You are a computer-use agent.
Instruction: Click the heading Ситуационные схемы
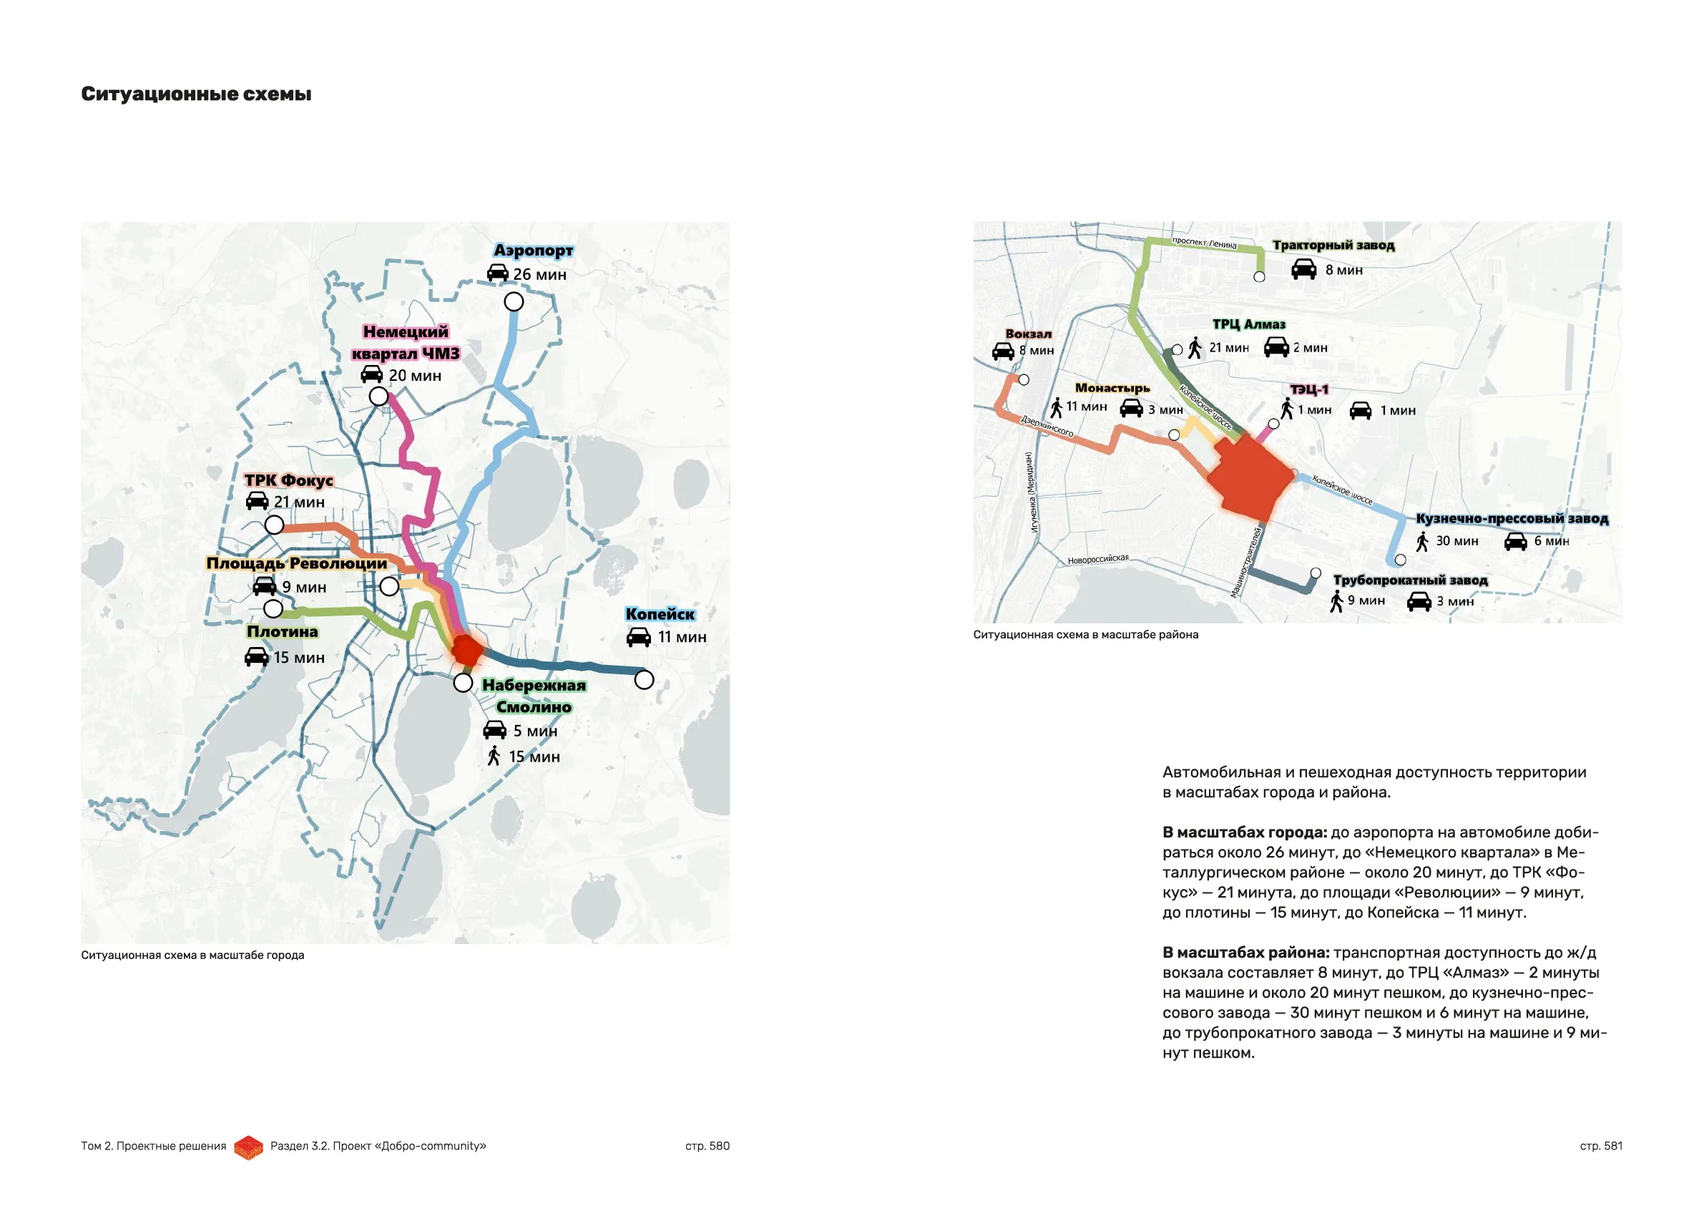196,94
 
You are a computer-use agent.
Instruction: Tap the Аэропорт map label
533,251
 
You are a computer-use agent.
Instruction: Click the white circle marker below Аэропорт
514,301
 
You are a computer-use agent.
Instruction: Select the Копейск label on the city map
660,614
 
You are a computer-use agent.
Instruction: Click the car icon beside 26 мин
498,274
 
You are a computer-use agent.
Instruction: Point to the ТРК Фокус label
289,480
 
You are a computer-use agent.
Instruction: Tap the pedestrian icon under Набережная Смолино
494,757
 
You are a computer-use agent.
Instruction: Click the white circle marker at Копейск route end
645,679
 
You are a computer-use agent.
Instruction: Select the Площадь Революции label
297,564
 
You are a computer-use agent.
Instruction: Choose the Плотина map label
282,632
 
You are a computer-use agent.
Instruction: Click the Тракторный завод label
1333,245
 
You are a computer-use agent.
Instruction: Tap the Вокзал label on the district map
1028,334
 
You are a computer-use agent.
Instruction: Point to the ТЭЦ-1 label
1309,389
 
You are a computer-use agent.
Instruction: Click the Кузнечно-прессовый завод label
1512,518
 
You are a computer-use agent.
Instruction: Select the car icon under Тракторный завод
1304,270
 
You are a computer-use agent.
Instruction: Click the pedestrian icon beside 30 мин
1422,541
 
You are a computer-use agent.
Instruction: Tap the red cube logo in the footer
249,1147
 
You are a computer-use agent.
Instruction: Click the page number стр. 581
1601,1146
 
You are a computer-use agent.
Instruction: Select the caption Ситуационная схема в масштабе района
1085,635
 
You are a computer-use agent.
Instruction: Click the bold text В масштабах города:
1245,832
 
